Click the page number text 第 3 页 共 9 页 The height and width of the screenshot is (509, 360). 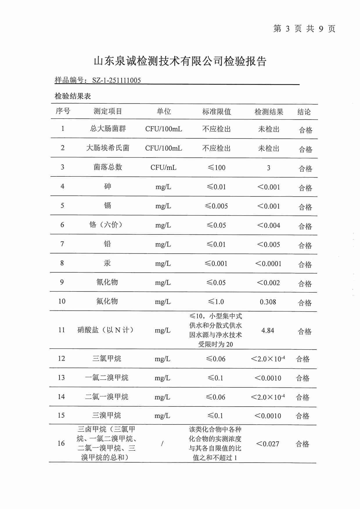tap(304, 28)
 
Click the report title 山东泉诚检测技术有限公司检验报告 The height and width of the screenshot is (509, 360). tap(180, 61)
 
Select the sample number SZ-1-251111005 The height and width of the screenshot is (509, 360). tap(116, 80)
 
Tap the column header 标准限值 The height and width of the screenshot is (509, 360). tap(217, 112)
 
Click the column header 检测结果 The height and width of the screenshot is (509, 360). tap(269, 112)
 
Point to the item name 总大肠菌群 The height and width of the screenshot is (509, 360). tap(108, 129)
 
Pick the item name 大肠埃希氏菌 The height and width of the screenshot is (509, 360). tap(108, 148)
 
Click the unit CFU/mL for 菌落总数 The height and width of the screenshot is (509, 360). tap(163, 167)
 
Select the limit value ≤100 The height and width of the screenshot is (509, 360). tap(217, 167)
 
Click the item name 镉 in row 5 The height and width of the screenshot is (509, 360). tap(107, 206)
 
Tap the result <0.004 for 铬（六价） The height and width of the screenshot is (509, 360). tap(269, 225)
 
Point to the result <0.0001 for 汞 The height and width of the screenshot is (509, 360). tap(268, 263)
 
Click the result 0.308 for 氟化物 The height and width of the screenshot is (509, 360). tap(268, 302)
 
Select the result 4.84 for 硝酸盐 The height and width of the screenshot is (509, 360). tap(268, 331)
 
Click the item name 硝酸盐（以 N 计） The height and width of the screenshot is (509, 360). tap(105, 330)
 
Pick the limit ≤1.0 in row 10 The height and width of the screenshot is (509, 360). tap(216, 302)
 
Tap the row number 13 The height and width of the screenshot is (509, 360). tap(61, 378)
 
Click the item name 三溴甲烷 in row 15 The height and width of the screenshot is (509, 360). tap(107, 416)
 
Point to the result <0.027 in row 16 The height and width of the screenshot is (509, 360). tap(267, 444)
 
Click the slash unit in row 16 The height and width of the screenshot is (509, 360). tap(162, 443)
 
